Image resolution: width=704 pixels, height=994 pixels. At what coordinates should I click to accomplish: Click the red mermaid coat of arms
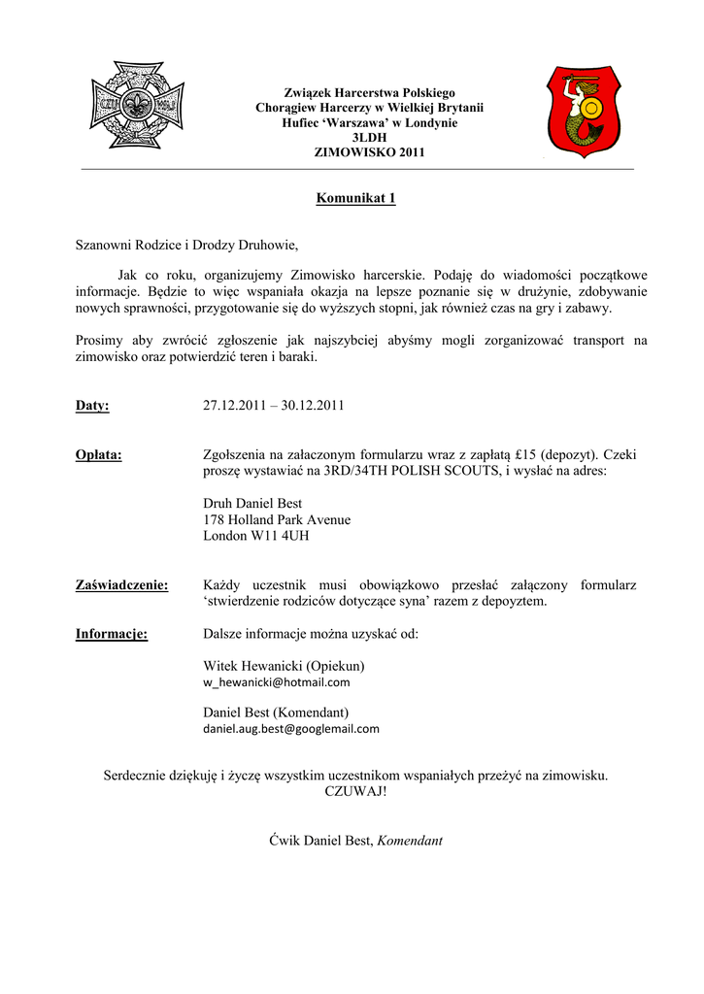tap(581, 112)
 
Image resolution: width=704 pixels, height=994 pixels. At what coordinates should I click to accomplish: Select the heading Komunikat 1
tap(355, 199)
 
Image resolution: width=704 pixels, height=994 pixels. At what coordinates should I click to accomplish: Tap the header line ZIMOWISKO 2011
tap(355, 152)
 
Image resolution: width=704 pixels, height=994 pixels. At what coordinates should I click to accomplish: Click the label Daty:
tap(92, 406)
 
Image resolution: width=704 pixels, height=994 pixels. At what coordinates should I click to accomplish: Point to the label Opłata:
tap(99, 454)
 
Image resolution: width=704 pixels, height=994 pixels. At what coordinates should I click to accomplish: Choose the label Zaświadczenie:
tap(122, 585)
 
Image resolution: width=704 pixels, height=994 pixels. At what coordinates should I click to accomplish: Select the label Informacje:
tap(112, 635)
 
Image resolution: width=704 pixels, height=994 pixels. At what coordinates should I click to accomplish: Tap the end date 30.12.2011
tap(313, 406)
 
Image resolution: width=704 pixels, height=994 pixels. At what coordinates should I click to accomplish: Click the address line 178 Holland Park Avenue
tap(277, 519)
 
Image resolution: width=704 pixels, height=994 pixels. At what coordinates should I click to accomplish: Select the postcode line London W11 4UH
tap(256, 535)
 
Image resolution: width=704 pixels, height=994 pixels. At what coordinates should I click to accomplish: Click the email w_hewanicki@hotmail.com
tap(276, 682)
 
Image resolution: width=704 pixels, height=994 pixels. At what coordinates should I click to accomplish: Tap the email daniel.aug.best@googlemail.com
tap(291, 728)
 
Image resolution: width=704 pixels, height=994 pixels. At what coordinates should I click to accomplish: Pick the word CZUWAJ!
tap(355, 791)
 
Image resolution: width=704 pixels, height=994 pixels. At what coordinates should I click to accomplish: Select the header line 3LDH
tap(355, 138)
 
